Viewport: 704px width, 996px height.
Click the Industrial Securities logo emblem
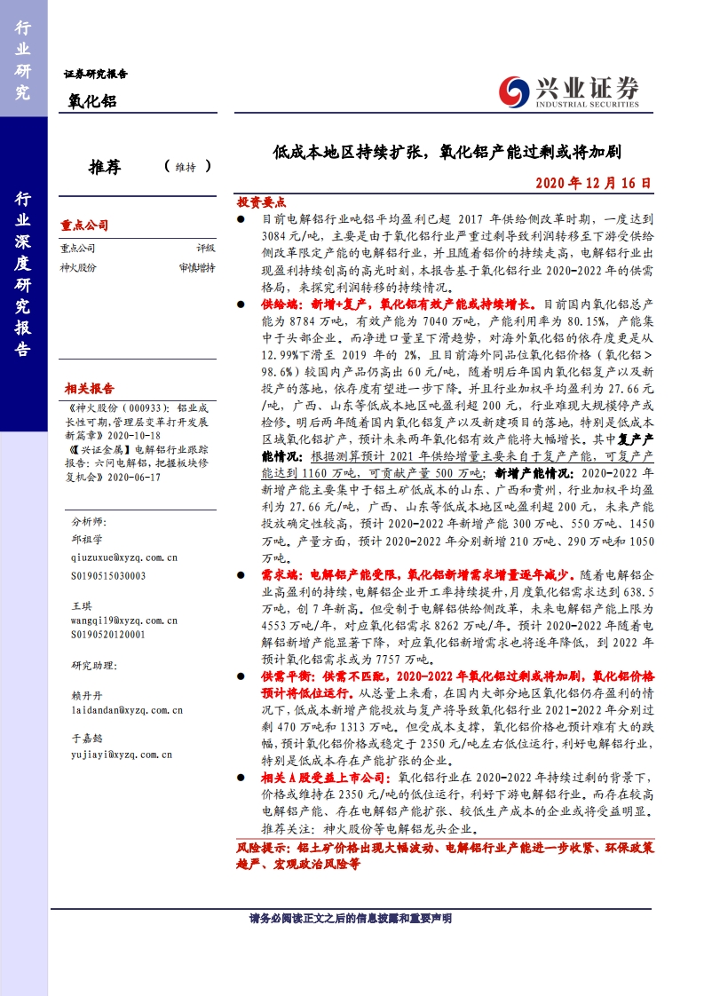pyautogui.click(x=513, y=90)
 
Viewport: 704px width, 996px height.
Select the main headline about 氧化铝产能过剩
pyautogui.click(x=447, y=152)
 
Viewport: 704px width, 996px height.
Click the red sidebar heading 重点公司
pyautogui.click(x=84, y=225)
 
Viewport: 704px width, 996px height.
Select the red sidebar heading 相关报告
pyautogui.click(x=89, y=389)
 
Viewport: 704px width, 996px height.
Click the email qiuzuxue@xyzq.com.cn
pyautogui.click(x=124, y=557)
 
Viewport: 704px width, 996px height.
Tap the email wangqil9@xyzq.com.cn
pyautogui.click(x=124, y=621)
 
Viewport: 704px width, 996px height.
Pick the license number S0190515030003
pyautogui.click(x=108, y=575)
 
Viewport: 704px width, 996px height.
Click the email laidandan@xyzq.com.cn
pyautogui.click(x=127, y=710)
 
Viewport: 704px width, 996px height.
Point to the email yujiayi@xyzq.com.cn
pyautogui.click(x=122, y=755)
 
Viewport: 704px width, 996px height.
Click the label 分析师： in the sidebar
pyautogui.click(x=89, y=521)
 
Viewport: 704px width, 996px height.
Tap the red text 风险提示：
pyautogui.click(x=266, y=848)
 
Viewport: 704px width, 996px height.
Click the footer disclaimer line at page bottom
pyautogui.click(x=351, y=918)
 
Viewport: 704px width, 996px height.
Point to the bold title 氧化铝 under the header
pyautogui.click(x=93, y=101)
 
